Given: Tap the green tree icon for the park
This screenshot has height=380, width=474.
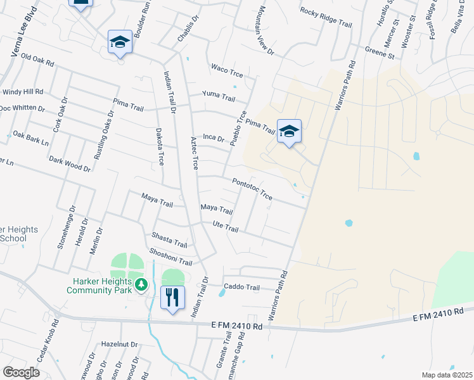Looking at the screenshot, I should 144,286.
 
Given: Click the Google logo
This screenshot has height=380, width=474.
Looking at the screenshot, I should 21,372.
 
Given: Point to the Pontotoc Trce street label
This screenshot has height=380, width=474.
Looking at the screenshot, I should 252,189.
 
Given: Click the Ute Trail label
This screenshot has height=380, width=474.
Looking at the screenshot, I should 226,227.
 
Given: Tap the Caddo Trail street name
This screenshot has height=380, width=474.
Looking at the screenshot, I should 241,287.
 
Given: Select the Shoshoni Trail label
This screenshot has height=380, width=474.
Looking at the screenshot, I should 170,257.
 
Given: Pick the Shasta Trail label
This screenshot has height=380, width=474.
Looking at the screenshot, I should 169,240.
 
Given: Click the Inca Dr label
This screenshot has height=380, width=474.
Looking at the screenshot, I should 214,137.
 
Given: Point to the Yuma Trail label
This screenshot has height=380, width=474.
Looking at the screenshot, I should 219,96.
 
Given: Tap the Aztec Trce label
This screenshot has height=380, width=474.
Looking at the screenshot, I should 195,153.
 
